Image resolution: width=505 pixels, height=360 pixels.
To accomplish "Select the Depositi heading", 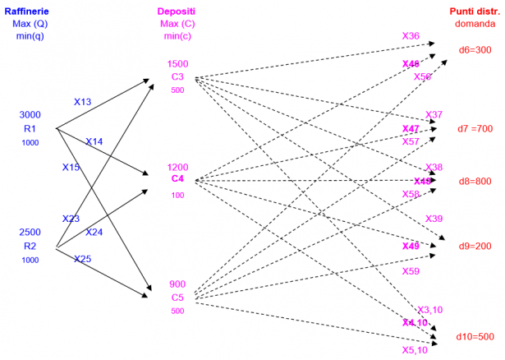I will [x=178, y=11].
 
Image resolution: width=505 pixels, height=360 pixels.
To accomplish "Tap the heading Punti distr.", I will [x=474, y=11].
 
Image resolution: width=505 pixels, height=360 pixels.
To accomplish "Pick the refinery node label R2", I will [x=30, y=246].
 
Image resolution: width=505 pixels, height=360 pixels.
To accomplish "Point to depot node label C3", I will [x=178, y=77].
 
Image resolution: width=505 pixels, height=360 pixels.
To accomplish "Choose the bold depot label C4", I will [x=178, y=179].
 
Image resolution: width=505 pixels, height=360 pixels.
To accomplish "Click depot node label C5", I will [x=178, y=298].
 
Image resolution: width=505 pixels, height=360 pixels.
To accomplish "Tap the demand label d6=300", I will [x=475, y=50].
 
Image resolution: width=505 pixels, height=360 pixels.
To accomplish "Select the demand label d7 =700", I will [x=475, y=128].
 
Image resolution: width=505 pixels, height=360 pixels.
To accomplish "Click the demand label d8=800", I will [x=475, y=181].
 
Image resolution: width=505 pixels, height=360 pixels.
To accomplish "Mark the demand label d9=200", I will [x=475, y=246].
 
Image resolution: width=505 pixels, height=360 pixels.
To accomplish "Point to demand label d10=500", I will [x=475, y=336].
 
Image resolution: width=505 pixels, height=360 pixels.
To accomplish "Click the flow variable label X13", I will [x=83, y=103].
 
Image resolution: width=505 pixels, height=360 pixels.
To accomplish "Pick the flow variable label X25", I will [x=83, y=259].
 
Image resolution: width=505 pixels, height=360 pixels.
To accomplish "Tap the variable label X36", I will [x=411, y=36].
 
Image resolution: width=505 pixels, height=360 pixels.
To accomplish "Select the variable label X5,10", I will [x=415, y=349].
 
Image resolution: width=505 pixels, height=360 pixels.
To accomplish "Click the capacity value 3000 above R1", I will [x=30, y=114].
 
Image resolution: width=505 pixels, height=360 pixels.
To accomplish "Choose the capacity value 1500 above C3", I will [x=178, y=63].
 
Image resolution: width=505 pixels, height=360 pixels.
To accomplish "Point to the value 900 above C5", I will [x=178, y=284].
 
